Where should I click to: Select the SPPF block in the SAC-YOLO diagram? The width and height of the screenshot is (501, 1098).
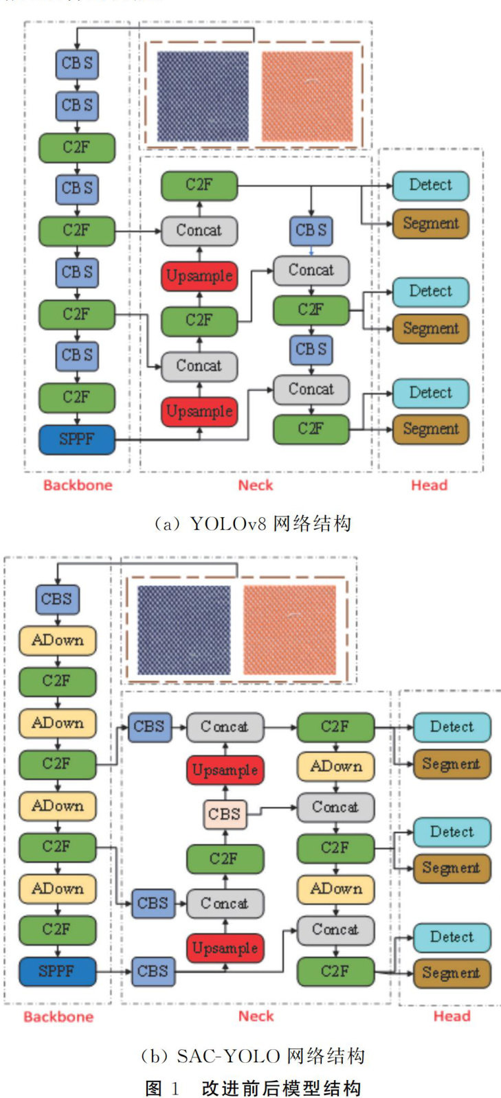click(57, 971)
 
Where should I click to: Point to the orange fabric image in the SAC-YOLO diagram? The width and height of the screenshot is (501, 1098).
click(289, 629)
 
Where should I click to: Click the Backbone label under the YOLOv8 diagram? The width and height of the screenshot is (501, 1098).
click(77, 485)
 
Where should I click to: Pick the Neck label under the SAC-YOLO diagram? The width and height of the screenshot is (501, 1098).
click(256, 1016)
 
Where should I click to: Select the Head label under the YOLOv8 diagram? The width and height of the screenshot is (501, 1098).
click(429, 485)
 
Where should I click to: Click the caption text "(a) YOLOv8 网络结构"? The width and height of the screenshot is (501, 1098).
click(252, 524)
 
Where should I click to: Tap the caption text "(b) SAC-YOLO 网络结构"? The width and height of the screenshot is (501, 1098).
click(252, 1055)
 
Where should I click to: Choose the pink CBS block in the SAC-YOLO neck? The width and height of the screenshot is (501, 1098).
click(225, 814)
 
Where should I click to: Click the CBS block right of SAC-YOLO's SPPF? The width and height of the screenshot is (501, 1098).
click(153, 971)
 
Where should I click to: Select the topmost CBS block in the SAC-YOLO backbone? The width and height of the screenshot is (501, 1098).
click(57, 599)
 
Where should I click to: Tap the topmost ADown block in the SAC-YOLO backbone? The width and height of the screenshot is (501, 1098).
click(57, 640)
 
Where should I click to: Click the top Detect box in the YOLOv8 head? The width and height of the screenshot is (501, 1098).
click(430, 185)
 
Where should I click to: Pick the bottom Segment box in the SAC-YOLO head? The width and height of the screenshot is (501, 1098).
click(451, 973)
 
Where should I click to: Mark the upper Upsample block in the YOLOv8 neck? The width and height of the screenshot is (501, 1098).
click(199, 276)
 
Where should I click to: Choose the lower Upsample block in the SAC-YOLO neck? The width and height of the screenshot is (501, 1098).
click(225, 948)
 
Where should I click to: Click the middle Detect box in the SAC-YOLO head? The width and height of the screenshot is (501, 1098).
click(452, 832)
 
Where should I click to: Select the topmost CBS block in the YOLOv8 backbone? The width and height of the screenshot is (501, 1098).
click(77, 63)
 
